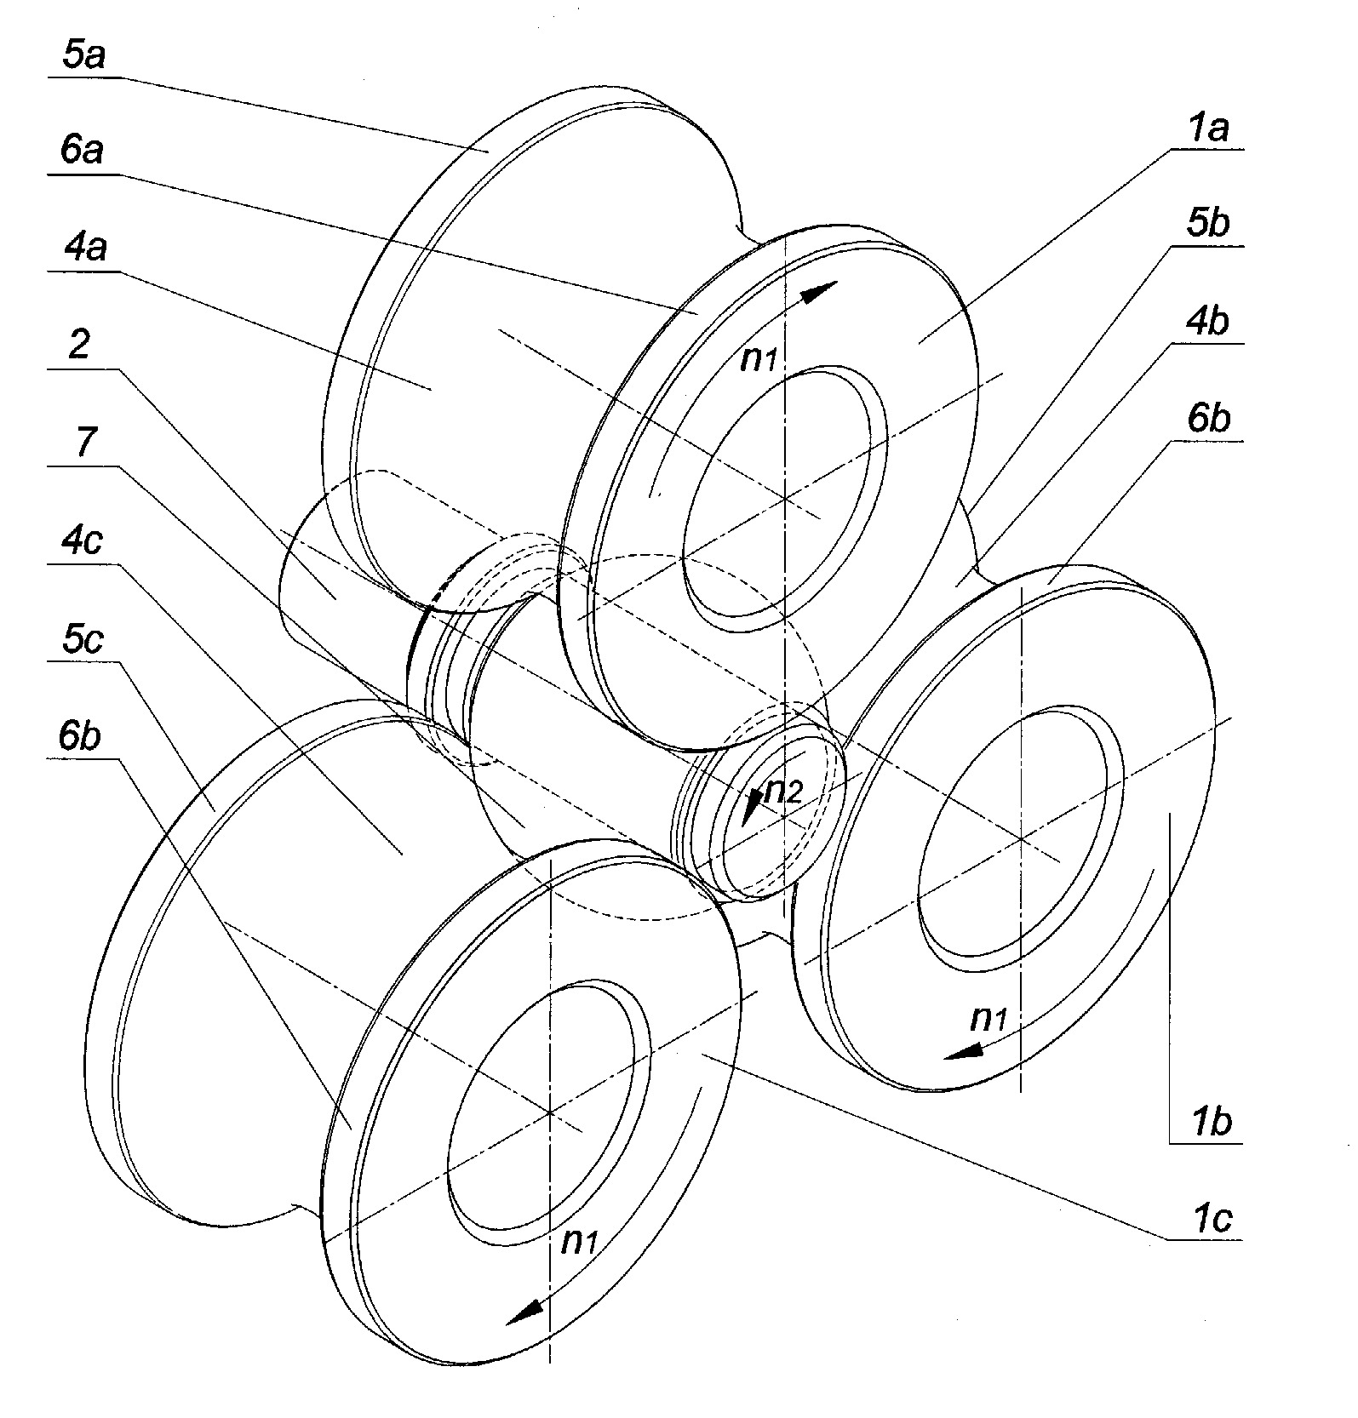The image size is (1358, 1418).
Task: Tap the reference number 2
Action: coord(78,346)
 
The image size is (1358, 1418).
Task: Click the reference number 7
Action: coord(84,443)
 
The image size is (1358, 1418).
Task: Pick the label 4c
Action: coord(82,540)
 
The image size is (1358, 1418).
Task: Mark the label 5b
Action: coord(1207,225)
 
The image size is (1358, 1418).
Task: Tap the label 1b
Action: coord(1211,1123)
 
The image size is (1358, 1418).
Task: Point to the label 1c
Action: coord(1209,1220)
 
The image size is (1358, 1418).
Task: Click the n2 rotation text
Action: coord(781,792)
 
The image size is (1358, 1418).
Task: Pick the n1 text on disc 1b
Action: coord(989,1017)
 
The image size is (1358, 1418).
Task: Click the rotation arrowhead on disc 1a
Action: coord(819,292)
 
